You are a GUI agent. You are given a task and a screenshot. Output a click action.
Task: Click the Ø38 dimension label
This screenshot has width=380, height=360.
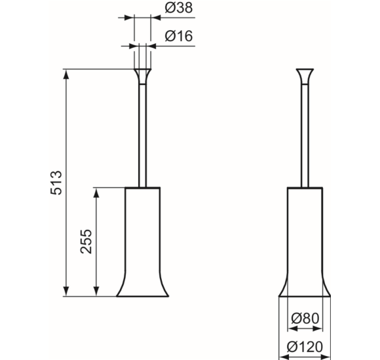pyautogui.click(x=179, y=8)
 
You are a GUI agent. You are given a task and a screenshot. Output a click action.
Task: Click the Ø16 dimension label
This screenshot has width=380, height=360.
pyautogui.click(x=179, y=36)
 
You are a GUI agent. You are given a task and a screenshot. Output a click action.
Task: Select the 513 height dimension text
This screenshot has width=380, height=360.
pyautogui.click(x=56, y=183)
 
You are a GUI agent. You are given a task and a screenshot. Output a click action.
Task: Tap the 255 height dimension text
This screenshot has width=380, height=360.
pyautogui.click(x=86, y=242)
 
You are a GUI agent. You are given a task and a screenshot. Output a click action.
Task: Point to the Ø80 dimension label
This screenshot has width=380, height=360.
pyautogui.click(x=305, y=318)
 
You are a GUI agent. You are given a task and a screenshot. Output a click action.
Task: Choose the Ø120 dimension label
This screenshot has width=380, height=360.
pyautogui.click(x=305, y=347)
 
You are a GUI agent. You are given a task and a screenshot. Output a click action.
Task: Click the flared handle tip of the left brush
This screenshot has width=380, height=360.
pyautogui.click(x=143, y=77)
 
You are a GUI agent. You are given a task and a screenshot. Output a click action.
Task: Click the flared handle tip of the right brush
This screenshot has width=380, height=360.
pyautogui.click(x=305, y=77)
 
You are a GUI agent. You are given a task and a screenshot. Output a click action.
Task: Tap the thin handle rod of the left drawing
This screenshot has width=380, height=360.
pyautogui.click(x=143, y=135)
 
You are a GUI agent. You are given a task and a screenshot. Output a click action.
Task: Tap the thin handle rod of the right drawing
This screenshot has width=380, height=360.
pyautogui.click(x=305, y=135)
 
